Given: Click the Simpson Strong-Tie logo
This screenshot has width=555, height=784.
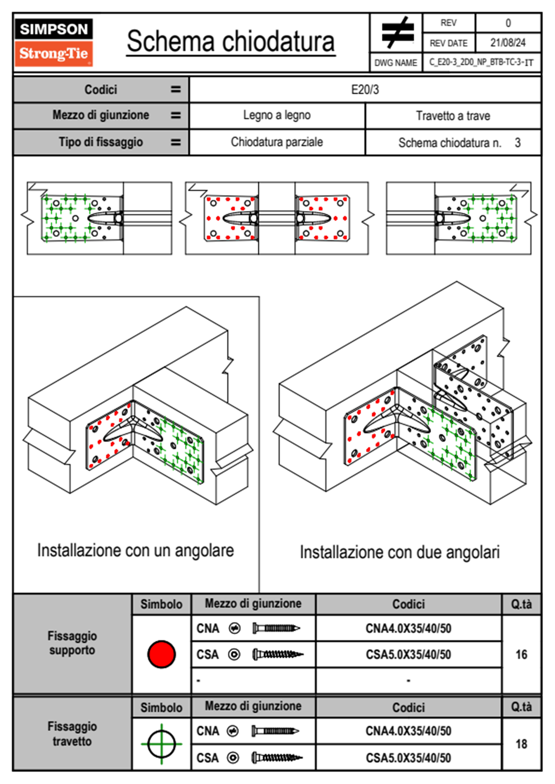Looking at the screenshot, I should click(x=54, y=42).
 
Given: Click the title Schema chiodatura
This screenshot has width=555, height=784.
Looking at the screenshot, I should click(x=231, y=41).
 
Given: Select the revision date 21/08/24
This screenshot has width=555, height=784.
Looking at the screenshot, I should click(x=507, y=43).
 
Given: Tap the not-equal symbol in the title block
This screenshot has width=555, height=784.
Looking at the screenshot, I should click(x=397, y=33).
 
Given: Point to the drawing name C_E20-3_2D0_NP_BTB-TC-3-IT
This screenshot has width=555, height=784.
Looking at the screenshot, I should click(x=481, y=62).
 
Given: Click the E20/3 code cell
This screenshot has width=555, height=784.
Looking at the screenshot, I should click(x=365, y=89).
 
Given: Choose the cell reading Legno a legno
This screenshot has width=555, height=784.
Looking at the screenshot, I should click(x=277, y=115).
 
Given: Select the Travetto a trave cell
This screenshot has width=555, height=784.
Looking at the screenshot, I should click(x=453, y=116).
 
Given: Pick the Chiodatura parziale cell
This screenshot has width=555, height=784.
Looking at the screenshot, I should click(x=277, y=142).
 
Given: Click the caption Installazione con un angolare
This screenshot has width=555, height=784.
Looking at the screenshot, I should click(x=135, y=550).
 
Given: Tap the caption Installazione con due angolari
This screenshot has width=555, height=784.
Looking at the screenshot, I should click(x=400, y=552).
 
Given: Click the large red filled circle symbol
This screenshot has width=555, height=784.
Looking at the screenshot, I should click(x=161, y=654).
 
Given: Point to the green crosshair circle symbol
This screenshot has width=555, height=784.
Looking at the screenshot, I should click(x=161, y=744).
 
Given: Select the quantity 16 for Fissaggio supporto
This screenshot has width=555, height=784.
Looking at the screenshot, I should click(x=521, y=654).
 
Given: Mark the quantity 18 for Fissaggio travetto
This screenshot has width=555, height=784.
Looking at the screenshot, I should click(x=521, y=744).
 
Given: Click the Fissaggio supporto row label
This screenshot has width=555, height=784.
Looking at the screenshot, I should click(x=72, y=643).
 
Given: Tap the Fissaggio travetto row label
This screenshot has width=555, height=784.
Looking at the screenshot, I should click(x=72, y=734).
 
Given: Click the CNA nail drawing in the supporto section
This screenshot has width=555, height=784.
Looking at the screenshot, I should click(x=276, y=628).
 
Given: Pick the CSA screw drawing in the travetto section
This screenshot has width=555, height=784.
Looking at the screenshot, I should click(x=277, y=758).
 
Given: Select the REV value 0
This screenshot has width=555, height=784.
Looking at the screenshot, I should click(x=508, y=23).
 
